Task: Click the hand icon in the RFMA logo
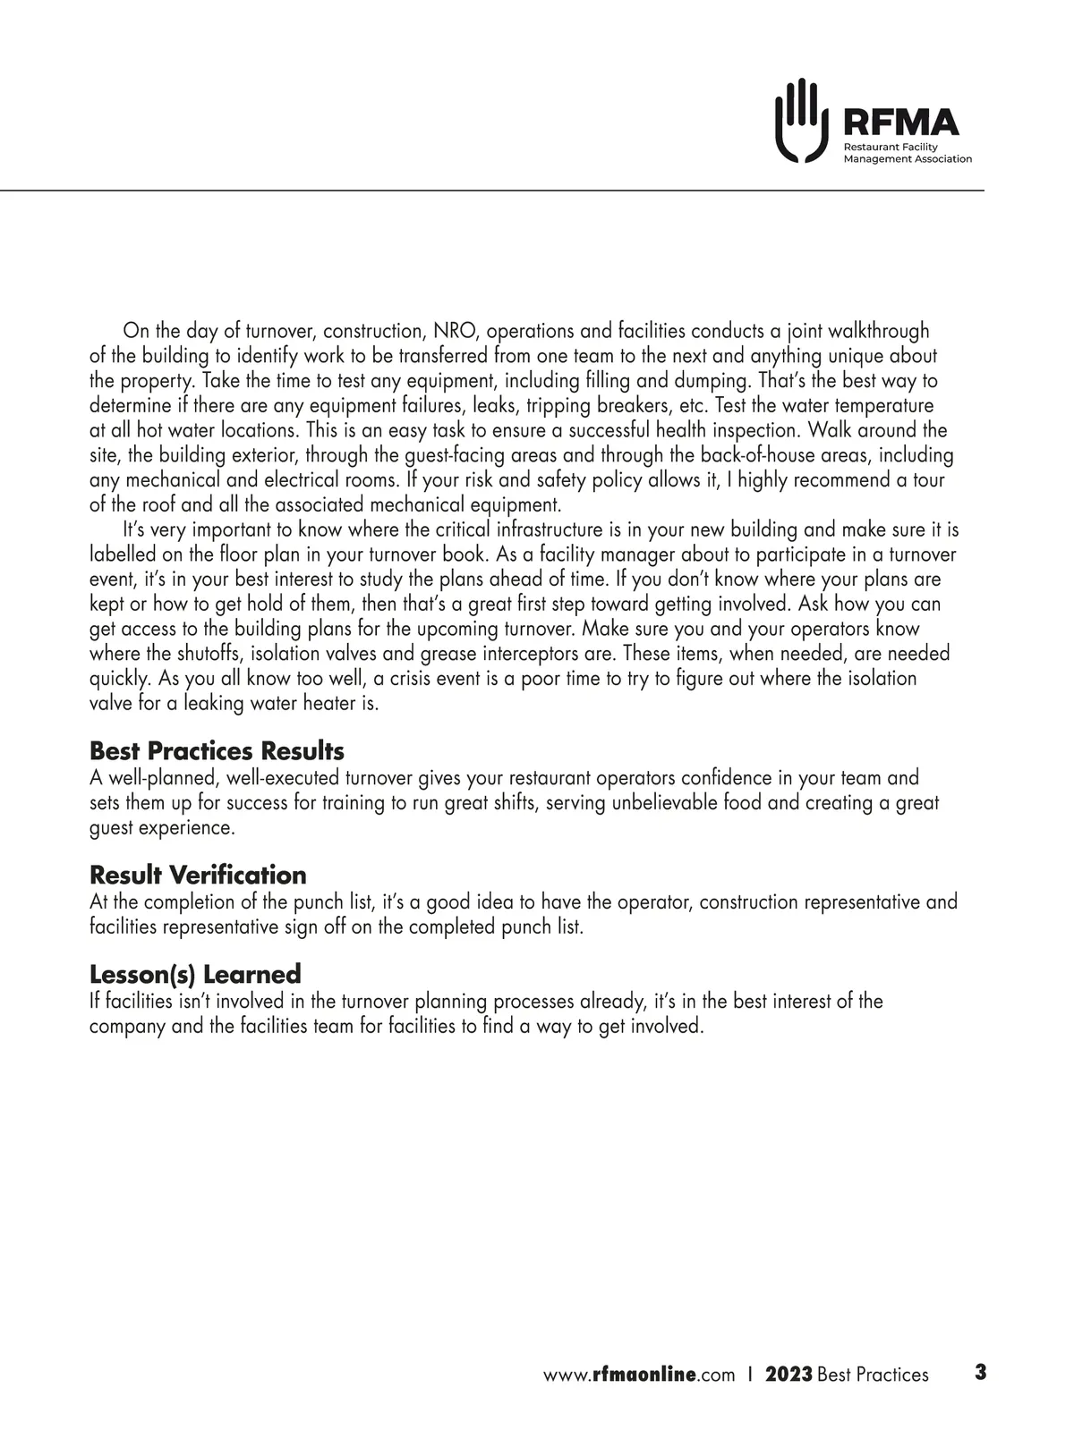point(798,121)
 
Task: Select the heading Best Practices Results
point(217,750)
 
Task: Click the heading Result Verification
point(198,875)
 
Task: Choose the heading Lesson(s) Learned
point(195,973)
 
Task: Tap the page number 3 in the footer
point(980,1372)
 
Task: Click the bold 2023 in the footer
point(788,1375)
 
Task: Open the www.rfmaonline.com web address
point(639,1375)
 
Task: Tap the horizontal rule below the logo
point(492,190)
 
